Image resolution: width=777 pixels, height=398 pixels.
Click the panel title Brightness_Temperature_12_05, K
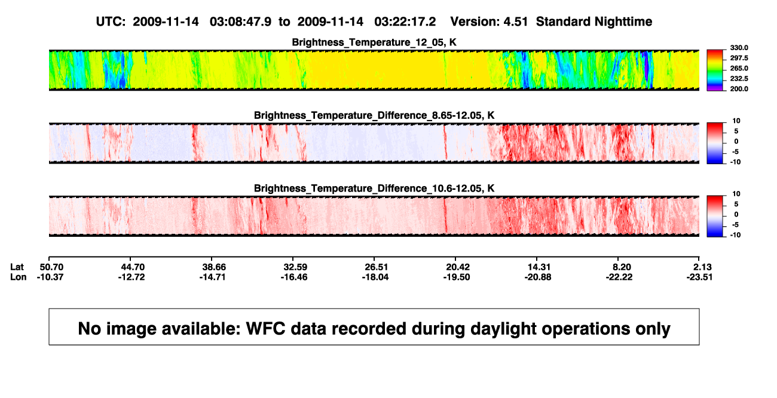[374, 42]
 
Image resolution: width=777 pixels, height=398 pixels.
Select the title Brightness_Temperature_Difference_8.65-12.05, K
[374, 115]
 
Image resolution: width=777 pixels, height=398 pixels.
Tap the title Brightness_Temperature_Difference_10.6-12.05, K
[374, 189]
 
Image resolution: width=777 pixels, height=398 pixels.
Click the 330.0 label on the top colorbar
[739, 48]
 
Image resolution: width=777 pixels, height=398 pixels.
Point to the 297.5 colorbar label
[739, 58]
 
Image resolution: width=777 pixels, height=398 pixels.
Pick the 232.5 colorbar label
[739, 79]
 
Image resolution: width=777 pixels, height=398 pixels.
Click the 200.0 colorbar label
[739, 89]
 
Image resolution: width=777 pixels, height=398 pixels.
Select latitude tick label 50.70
[51, 267]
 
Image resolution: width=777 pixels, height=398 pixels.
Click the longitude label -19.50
[457, 277]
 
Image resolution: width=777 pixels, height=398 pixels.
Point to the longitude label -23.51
[699, 277]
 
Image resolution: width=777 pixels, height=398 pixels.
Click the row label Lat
[17, 267]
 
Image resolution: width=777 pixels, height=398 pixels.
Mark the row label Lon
[19, 277]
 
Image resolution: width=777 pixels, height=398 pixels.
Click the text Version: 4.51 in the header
[489, 22]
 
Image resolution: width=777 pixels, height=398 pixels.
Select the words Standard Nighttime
[594, 22]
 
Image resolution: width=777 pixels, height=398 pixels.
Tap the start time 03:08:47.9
[241, 22]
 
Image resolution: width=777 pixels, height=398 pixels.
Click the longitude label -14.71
[213, 277]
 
